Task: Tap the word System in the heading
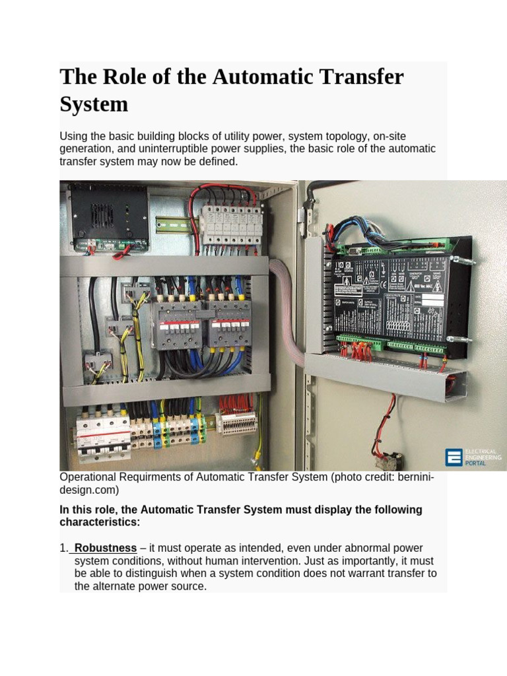click(x=94, y=104)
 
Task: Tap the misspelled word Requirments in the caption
click(x=149, y=477)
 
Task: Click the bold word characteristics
click(x=100, y=522)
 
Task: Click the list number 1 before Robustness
click(x=63, y=549)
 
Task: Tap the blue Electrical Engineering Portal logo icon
click(x=454, y=457)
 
